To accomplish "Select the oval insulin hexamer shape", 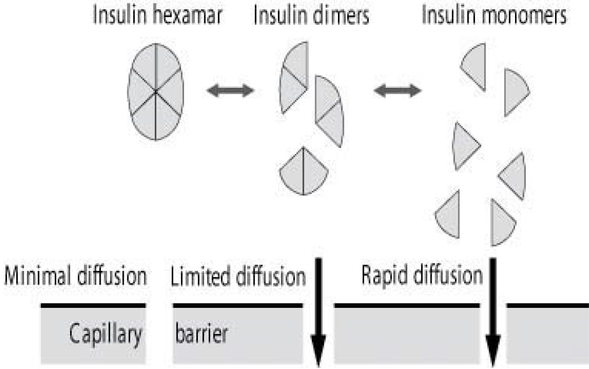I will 155,91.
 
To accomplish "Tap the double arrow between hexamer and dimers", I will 230,91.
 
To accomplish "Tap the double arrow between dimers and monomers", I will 398,91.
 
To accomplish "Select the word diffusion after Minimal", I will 113,277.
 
